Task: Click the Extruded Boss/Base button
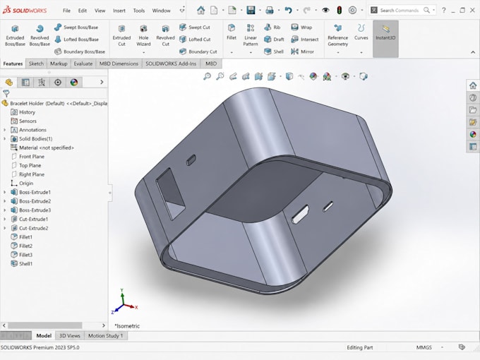pos(15,35)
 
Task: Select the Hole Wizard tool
pos(143,35)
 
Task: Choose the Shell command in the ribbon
pos(274,52)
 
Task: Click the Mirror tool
pos(302,52)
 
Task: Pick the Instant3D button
pos(385,33)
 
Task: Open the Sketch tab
pos(36,64)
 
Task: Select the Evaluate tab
pos(83,64)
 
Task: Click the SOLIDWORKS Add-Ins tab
pos(171,64)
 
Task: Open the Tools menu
pos(138,11)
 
